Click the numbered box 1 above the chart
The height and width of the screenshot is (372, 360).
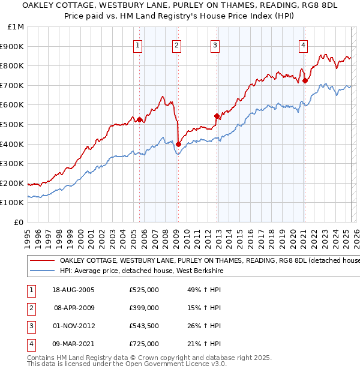138,45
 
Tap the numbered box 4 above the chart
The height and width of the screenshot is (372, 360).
304,45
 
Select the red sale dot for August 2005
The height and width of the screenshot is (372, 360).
139,119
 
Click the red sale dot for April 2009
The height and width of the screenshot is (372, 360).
178,144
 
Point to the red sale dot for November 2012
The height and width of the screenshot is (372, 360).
216,116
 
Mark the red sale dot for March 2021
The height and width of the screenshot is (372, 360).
305,80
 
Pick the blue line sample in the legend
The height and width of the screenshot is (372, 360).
42,271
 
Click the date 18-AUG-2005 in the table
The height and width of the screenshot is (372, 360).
73,290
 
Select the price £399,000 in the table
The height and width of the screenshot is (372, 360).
144,308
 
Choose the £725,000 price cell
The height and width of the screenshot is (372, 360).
144,344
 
